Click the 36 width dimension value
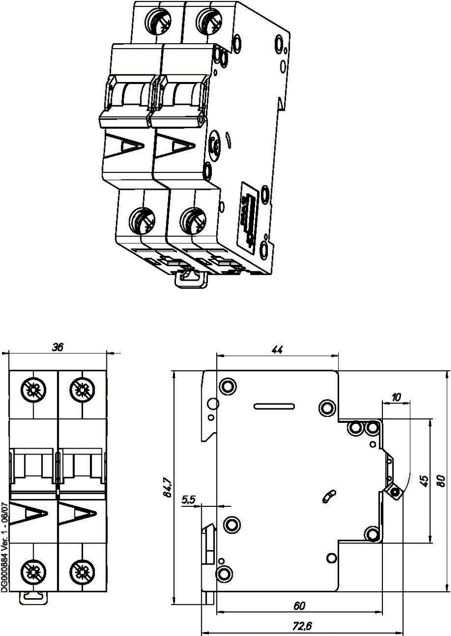click(x=58, y=348)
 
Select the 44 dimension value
click(x=277, y=350)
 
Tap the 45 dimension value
click(x=424, y=480)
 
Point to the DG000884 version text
click(x=4, y=546)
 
